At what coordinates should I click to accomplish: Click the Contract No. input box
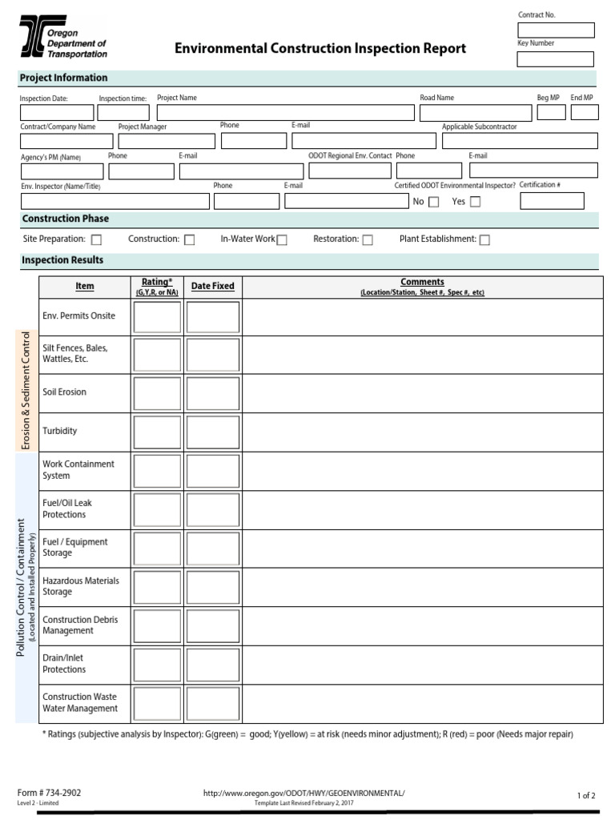pyautogui.click(x=556, y=30)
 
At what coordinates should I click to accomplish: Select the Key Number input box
pyautogui.click(x=556, y=59)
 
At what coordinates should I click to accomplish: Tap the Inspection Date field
pyautogui.click(x=56, y=113)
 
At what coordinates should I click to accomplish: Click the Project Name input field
pyautogui.click(x=285, y=113)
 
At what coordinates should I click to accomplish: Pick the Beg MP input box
pyautogui.click(x=551, y=113)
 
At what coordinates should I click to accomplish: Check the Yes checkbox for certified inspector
pyautogui.click(x=475, y=202)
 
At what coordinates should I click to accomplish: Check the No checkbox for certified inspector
pyautogui.click(x=434, y=202)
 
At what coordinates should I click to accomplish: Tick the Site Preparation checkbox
pyautogui.click(x=96, y=239)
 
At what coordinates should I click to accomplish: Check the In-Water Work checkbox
pyautogui.click(x=282, y=239)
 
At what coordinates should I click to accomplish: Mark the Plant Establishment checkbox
pyautogui.click(x=484, y=239)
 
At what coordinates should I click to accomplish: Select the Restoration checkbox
pyautogui.click(x=368, y=239)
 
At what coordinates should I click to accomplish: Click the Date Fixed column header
pyautogui.click(x=212, y=286)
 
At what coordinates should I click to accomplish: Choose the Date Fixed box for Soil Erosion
pyautogui.click(x=212, y=393)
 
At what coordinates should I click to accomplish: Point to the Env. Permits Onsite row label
pyautogui.click(x=78, y=316)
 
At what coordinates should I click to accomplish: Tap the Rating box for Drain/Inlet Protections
pyautogui.click(x=157, y=665)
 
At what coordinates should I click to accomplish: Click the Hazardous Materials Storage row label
pyautogui.click(x=80, y=586)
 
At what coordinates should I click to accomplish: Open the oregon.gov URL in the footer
pyautogui.click(x=304, y=793)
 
